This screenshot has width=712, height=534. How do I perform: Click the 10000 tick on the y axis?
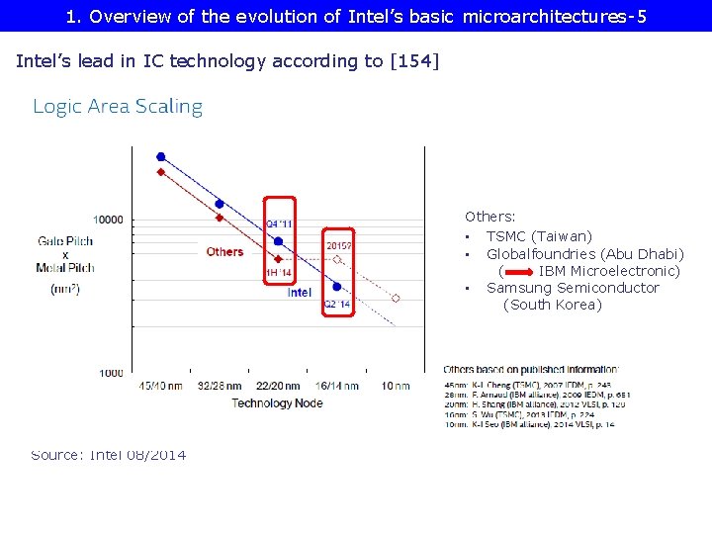point(108,220)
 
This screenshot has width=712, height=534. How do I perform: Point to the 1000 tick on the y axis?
point(110,373)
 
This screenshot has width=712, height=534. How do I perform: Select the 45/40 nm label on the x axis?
point(160,386)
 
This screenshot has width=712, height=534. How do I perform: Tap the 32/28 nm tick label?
point(219,386)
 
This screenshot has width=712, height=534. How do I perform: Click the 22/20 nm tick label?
point(278,386)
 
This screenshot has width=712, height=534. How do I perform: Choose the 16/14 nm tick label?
point(336,386)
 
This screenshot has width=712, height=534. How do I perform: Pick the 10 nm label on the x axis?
point(395,386)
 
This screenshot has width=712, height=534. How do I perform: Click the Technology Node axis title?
point(277,402)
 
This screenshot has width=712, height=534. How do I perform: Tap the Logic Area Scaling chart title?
point(118,107)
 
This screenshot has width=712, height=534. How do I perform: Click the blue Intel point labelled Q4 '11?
point(279,241)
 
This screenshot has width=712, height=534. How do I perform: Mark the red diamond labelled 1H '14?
point(279,259)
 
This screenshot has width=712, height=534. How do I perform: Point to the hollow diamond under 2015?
point(337,260)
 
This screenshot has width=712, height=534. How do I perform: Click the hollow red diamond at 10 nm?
point(396,298)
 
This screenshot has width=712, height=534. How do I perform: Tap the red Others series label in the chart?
point(224,252)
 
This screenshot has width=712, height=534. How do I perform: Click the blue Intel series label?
point(300,293)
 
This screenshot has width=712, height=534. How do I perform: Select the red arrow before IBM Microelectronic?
point(518,271)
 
